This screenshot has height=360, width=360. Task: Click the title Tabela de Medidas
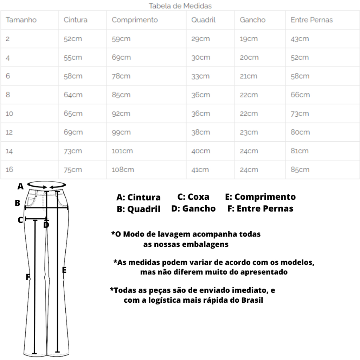pyautogui.click(x=180, y=6)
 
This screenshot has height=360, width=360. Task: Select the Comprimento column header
pyautogui.click(x=135, y=20)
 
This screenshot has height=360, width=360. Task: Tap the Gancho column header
pyautogui.click(x=252, y=20)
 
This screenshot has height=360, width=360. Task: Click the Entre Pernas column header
pyautogui.click(x=311, y=20)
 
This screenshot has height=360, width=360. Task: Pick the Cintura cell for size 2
pyautogui.click(x=73, y=39)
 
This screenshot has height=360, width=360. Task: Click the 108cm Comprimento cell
pyautogui.click(x=123, y=169)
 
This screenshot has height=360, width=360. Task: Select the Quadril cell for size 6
pyautogui.click(x=200, y=76)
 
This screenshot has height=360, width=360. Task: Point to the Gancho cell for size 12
pyautogui.click(x=249, y=132)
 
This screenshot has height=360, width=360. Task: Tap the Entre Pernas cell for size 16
pyautogui.click(x=300, y=169)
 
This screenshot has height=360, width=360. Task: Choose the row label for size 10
pyautogui.click(x=9, y=114)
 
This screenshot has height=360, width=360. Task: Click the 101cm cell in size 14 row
pyautogui.click(x=122, y=151)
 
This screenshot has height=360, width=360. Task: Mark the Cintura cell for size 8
pyautogui.click(x=73, y=95)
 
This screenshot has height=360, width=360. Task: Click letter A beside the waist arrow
pyautogui.click(x=20, y=186)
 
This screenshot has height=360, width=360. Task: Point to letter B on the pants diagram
pyautogui.click(x=18, y=203)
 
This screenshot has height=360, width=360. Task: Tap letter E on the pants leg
pyautogui.click(x=64, y=270)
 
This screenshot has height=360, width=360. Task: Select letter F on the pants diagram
pyautogui.click(x=28, y=277)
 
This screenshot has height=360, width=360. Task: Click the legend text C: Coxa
pyautogui.click(x=193, y=197)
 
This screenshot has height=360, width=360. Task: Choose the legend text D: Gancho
pyautogui.click(x=193, y=208)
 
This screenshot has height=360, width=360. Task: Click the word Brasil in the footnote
pyautogui.click(x=252, y=300)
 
